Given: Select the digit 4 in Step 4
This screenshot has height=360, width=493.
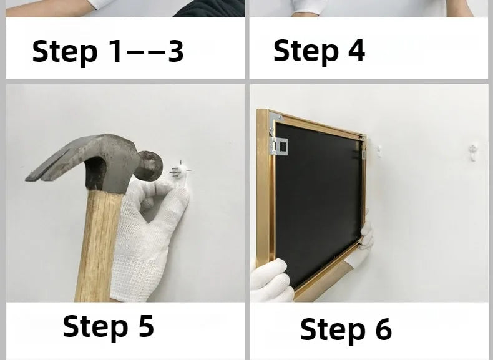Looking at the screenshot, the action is pyautogui.click(x=356, y=50).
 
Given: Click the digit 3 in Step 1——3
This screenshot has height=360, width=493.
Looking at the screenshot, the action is pyautogui.click(x=175, y=51).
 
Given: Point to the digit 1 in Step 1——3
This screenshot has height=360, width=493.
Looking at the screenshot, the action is pyautogui.click(x=115, y=51).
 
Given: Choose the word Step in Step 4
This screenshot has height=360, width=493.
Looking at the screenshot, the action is pyautogui.click(x=306, y=52).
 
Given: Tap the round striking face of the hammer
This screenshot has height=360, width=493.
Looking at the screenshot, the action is pyautogui.click(x=151, y=166).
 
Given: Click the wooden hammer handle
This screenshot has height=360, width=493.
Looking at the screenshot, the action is pyautogui.click(x=97, y=245).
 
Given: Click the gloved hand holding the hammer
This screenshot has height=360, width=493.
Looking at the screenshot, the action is pyautogui.click(x=148, y=239).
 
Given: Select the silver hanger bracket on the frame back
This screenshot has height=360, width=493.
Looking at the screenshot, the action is pyautogui.click(x=279, y=146).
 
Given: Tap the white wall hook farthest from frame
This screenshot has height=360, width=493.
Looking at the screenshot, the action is pyautogui.click(x=472, y=152).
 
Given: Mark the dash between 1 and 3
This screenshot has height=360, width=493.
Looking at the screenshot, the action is pyautogui.click(x=145, y=52).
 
